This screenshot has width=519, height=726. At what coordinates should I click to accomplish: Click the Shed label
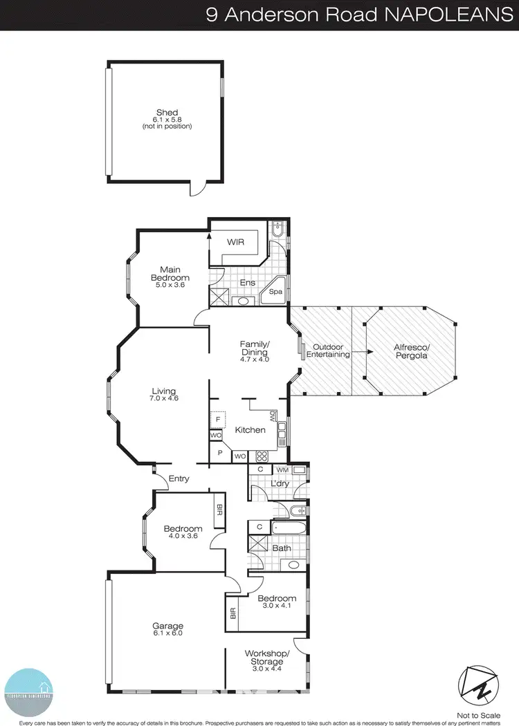click(x=167, y=113)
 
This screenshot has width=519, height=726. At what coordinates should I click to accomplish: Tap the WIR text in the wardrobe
click(x=236, y=243)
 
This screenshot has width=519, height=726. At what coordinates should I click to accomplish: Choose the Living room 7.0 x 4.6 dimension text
click(x=165, y=398)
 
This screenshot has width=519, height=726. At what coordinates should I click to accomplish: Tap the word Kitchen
click(x=250, y=430)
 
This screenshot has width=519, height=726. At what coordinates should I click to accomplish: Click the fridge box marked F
click(x=217, y=420)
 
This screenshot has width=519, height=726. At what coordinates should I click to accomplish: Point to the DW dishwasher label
click(x=273, y=416)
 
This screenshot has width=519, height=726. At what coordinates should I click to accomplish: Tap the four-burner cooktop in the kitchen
click(x=263, y=456)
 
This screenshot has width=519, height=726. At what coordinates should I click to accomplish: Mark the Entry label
click(x=178, y=478)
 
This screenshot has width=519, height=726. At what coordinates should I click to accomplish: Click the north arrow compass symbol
click(x=479, y=684)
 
